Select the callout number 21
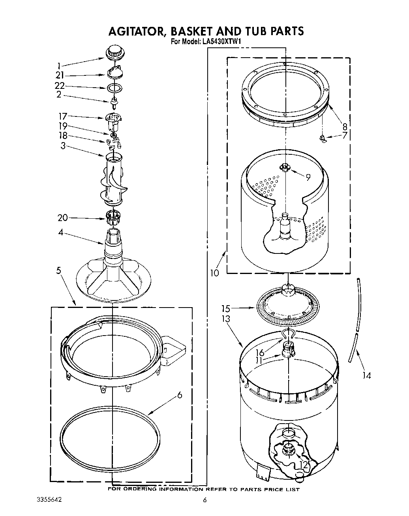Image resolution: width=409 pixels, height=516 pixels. tap(60, 75)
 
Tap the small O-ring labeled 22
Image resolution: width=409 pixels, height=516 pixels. tap(114, 88)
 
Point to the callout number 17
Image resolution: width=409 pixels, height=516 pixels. tap(63, 116)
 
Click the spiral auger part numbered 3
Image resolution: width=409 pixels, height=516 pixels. tap(113, 180)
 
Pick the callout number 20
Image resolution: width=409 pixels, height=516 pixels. tap(62, 218)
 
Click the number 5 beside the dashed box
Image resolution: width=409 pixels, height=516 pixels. tap(58, 270)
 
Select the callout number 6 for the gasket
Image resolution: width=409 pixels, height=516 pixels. tap(180, 394)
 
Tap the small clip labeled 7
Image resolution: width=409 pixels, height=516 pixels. tap(323, 138)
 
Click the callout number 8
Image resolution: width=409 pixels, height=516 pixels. tap(345, 127)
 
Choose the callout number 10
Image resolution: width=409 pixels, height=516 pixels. tap(214, 273)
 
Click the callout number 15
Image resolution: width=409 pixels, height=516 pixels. tap(225, 309)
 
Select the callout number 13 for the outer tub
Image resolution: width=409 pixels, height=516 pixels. tap(225, 319)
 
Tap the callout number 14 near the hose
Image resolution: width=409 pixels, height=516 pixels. tap(367, 375)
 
